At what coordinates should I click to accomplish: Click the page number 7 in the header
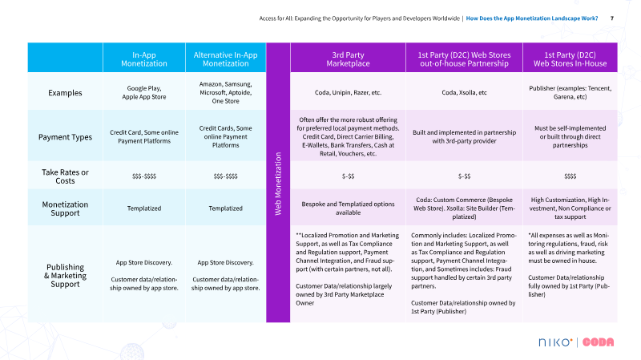coord(612,18)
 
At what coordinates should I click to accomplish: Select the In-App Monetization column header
coord(143,58)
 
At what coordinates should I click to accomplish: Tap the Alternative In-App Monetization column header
coord(224,58)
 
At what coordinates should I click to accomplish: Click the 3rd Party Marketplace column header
coord(347,58)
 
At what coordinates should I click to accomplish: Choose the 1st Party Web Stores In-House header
coord(569,58)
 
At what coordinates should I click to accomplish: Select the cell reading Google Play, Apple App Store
coord(143,92)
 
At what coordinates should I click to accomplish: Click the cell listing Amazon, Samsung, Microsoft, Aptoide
coord(224,92)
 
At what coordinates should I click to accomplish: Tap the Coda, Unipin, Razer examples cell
coord(347,92)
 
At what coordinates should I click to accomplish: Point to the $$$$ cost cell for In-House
coord(569,175)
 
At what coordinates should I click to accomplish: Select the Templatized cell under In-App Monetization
coord(143,208)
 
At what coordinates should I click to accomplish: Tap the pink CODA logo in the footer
coord(598,342)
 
